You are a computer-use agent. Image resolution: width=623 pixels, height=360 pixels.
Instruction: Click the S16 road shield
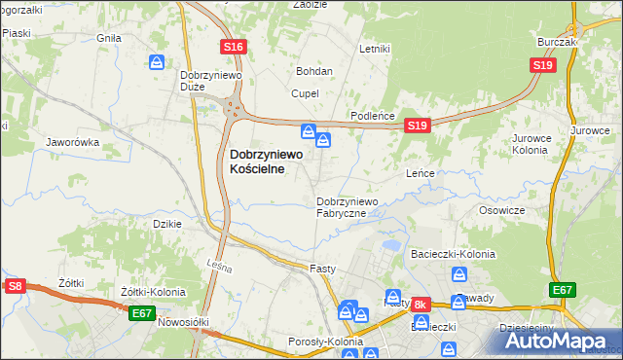pyautogui.click(x=233, y=47)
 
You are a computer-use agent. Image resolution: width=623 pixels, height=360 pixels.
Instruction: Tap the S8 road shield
pyautogui.click(x=15, y=286)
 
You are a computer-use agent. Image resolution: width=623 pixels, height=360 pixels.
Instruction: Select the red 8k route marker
pyautogui.click(x=421, y=305)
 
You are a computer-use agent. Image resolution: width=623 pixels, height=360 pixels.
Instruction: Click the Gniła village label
pyautogui.click(x=108, y=38)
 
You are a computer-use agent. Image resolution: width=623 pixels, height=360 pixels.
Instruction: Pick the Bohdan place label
pyautogui.click(x=314, y=71)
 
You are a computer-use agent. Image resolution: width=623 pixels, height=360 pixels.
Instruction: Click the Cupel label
pyautogui.click(x=305, y=93)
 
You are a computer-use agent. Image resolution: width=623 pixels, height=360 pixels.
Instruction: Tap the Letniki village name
pyautogui.click(x=374, y=49)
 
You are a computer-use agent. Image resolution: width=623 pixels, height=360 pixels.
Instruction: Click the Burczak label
pyautogui.click(x=558, y=43)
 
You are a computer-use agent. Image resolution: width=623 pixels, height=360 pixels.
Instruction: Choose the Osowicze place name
pyautogui.click(x=502, y=210)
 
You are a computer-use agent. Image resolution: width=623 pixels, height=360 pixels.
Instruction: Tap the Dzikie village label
pyautogui.click(x=168, y=223)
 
